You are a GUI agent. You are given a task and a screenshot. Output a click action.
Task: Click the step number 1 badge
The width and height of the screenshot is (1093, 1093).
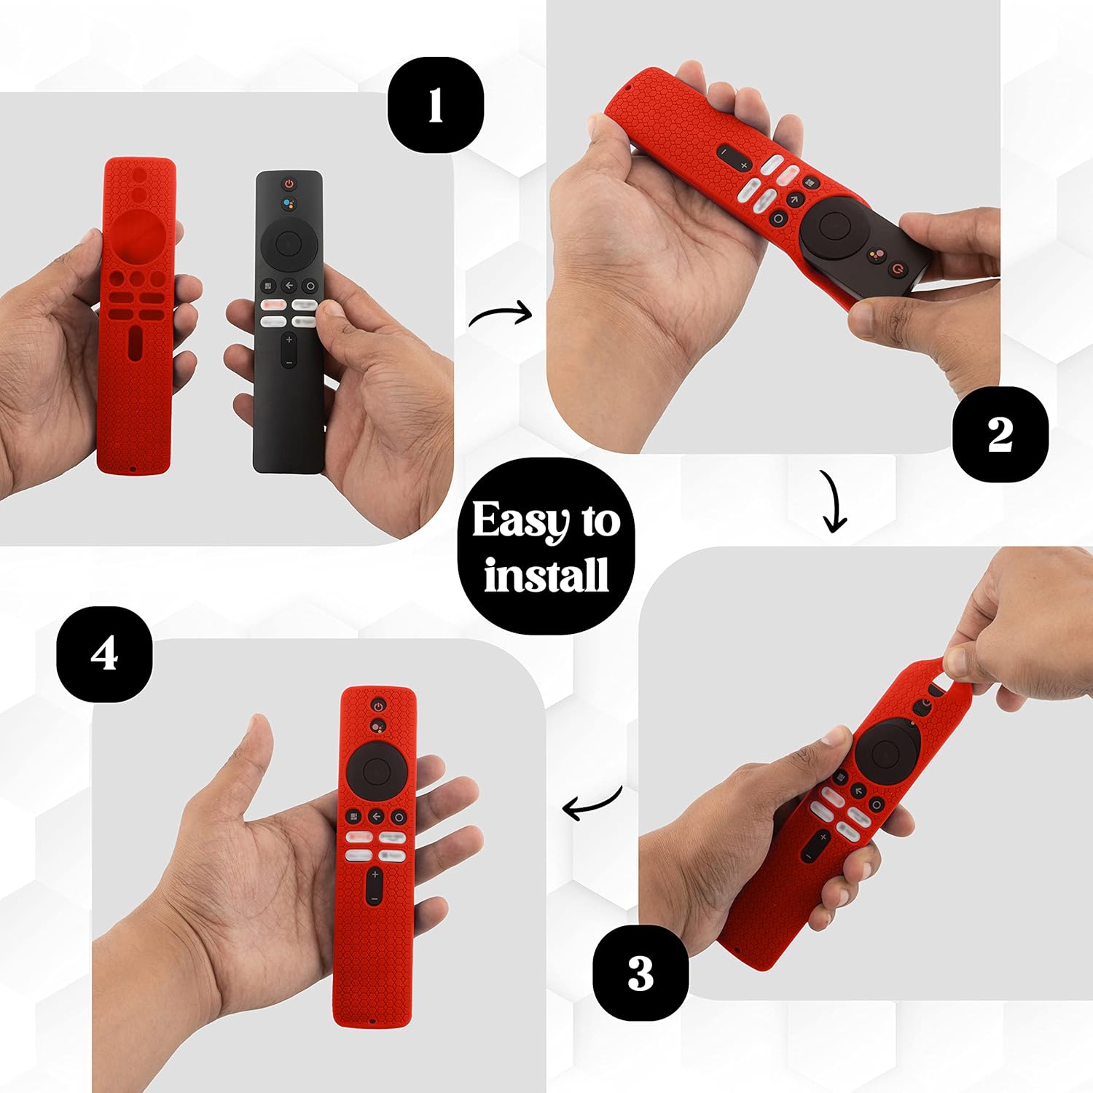coord(435,105)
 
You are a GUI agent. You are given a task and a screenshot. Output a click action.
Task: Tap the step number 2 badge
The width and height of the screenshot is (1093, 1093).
coord(1000,434)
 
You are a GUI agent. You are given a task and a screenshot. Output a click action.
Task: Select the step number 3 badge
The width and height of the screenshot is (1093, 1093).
coord(640,973)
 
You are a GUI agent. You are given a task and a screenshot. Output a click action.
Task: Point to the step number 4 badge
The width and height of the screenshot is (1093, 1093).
coord(104,654)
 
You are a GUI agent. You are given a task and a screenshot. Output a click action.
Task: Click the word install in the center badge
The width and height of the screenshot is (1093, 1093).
coord(546,576)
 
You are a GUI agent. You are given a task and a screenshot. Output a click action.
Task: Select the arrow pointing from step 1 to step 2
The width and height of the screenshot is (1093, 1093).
coord(501,315)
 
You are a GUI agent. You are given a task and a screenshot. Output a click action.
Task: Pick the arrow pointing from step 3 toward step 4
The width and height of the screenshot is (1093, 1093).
coord(592,804)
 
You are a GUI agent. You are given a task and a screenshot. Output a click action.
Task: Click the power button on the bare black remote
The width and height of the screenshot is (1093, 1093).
coord(289,184)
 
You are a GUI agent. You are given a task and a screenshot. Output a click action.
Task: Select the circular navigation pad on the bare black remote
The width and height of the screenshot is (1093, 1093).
coord(289,240)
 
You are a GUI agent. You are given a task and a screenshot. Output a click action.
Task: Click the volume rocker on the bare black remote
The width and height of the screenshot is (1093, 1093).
coord(289,350)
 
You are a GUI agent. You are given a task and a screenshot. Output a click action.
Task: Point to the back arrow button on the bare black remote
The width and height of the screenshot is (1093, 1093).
coord(289,286)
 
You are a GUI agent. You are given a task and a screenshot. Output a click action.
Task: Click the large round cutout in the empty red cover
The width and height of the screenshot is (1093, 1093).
coord(136,235)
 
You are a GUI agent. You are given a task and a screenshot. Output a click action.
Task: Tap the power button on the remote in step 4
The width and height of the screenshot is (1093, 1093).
coord(377,705)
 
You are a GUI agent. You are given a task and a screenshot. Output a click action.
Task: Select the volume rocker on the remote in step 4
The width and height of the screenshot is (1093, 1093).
coord(375,886)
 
